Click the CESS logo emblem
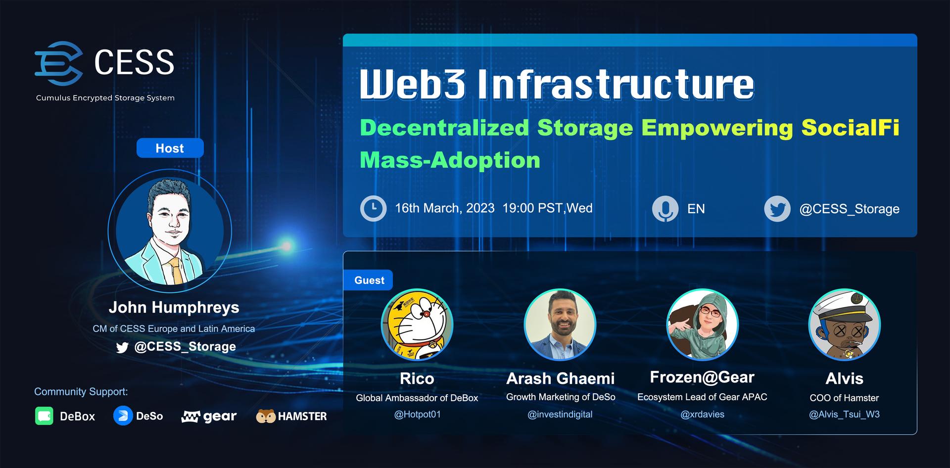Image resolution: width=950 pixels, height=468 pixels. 58,63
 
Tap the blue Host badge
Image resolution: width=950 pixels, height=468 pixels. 170,148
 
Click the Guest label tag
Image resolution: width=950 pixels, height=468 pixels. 368,280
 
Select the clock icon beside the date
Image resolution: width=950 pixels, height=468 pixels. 373,208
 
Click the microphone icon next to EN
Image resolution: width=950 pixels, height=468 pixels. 665,208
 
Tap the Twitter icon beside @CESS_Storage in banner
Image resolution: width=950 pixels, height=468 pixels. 777,208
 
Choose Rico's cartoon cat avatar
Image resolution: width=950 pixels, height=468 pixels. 417,325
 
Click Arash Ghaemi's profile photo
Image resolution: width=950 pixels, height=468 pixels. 560,325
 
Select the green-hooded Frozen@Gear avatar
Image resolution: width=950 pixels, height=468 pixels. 703,325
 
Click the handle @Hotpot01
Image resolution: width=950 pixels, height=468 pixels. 417,414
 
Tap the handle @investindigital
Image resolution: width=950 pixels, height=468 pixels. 560,414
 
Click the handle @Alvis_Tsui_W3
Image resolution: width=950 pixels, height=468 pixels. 844,414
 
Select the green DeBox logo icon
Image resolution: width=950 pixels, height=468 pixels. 44,416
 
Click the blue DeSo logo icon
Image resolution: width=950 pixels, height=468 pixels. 123,416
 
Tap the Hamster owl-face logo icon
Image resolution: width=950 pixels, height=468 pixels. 266,416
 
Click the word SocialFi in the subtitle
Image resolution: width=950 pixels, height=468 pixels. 850,128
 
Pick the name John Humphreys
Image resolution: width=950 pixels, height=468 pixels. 174,307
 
